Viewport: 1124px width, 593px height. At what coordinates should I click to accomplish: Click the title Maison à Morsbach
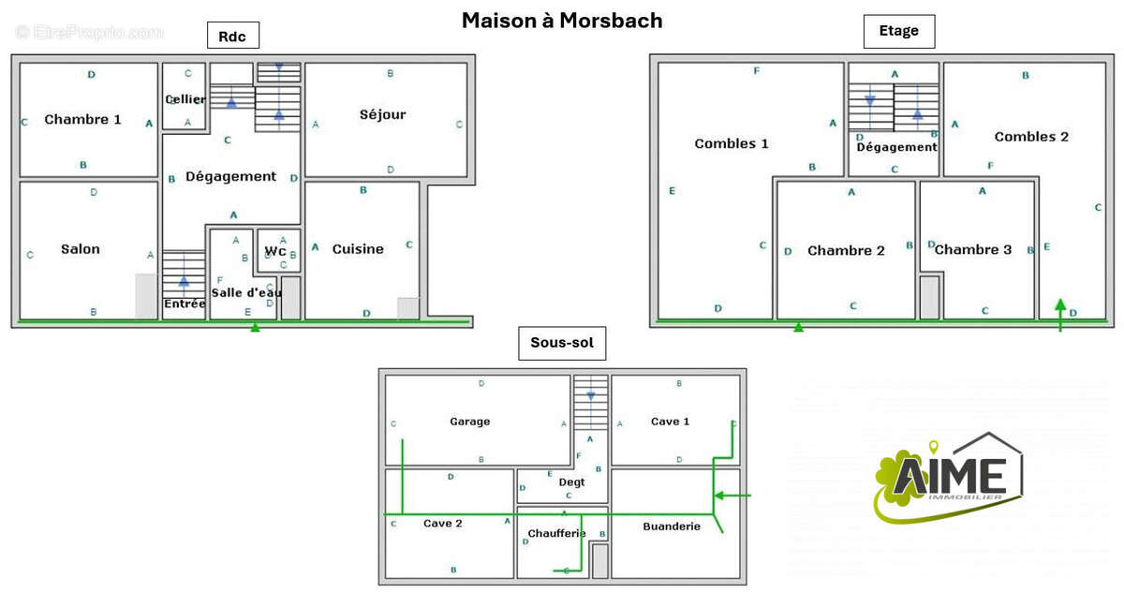[x=561, y=21]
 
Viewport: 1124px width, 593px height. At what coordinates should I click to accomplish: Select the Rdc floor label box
[x=232, y=36]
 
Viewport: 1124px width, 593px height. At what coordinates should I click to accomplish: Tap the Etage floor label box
[x=898, y=31]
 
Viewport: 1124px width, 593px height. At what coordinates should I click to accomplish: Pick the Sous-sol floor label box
[x=561, y=343]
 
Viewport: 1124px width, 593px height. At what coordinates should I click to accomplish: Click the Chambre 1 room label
[x=82, y=119]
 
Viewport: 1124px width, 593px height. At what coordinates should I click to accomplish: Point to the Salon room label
[x=81, y=249]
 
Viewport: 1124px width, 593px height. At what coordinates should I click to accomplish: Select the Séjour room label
[x=382, y=114]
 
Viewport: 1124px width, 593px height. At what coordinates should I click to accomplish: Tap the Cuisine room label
[x=358, y=249]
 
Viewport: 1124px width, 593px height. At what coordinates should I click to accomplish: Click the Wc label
[x=275, y=251]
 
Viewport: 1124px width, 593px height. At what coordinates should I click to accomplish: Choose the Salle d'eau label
[x=242, y=292]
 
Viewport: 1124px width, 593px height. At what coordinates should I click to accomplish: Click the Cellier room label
[x=185, y=99]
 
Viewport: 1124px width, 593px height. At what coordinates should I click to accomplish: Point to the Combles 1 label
[x=732, y=143]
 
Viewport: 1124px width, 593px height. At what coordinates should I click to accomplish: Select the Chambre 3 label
[x=973, y=249]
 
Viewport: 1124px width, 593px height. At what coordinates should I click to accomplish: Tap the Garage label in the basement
[x=469, y=422]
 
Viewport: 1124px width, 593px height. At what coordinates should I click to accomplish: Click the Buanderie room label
[x=672, y=526]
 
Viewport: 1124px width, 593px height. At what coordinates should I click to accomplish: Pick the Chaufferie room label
[x=556, y=534]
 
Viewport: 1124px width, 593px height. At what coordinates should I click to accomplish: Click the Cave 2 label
[x=443, y=524]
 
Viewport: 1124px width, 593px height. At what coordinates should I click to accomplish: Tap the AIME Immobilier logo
[x=947, y=476]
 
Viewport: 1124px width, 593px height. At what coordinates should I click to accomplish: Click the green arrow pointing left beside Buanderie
[x=732, y=495]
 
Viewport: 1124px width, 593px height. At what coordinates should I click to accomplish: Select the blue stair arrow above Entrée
[x=184, y=280]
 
